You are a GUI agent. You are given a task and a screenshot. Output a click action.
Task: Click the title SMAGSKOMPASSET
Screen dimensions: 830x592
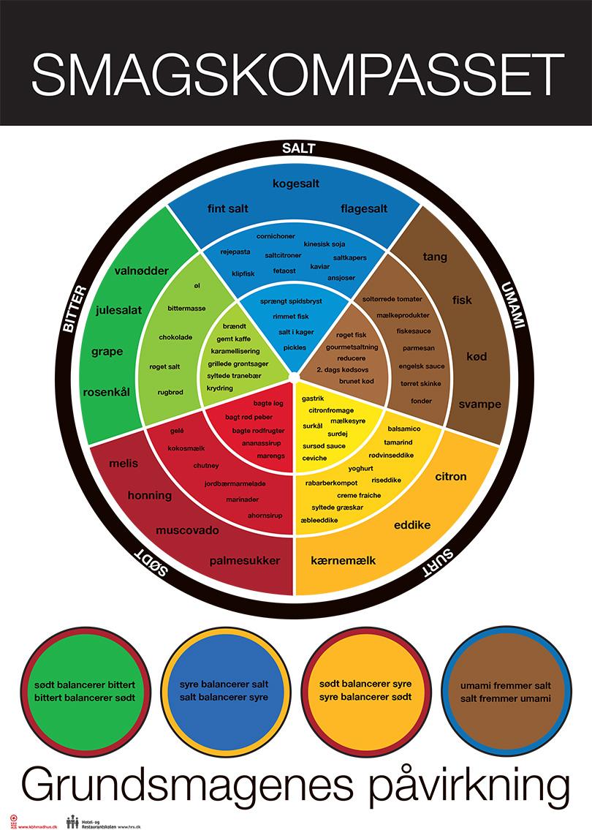click(x=297, y=74)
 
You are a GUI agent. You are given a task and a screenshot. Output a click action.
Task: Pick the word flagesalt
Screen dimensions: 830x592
click(x=363, y=208)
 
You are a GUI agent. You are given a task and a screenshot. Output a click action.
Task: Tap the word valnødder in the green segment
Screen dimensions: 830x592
click(x=142, y=271)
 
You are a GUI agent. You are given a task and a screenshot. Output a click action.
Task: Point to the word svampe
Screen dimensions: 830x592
click(x=479, y=404)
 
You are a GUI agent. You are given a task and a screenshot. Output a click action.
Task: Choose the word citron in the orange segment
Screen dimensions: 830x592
click(x=450, y=477)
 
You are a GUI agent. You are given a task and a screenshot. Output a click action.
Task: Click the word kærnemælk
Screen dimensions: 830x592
click(x=343, y=561)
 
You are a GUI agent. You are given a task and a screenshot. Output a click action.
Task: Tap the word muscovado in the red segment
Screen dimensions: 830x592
click(x=187, y=529)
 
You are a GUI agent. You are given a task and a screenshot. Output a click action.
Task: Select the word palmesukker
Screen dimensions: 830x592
click(x=244, y=561)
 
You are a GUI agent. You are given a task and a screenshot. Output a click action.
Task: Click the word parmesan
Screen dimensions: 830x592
click(x=417, y=348)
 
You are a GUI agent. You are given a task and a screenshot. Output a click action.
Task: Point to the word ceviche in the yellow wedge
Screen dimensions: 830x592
click(x=314, y=458)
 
